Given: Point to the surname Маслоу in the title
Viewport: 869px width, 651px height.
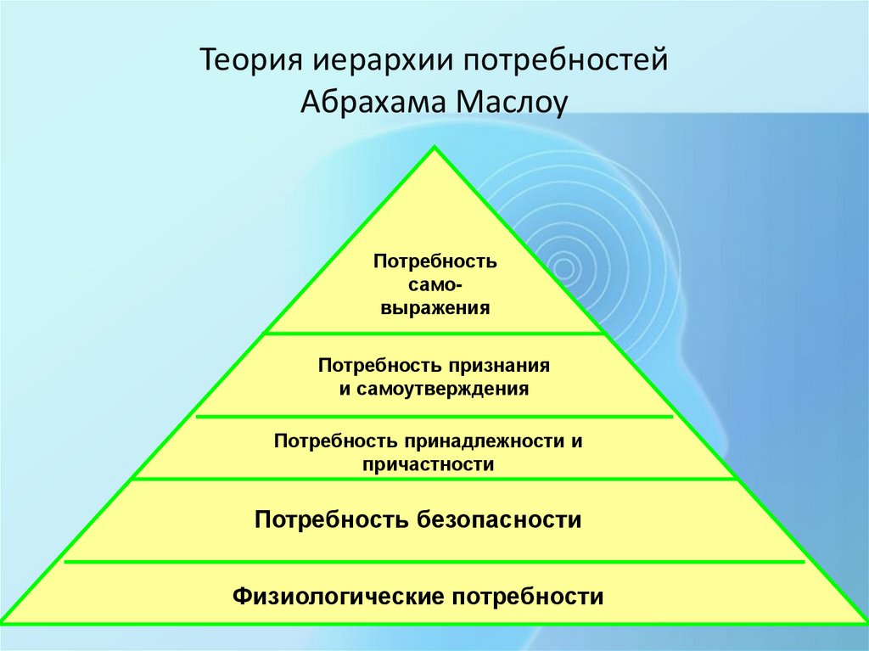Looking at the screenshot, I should (510, 103).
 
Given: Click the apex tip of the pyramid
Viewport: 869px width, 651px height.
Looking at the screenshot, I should (434, 149).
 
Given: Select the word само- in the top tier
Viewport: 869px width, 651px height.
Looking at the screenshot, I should (434, 284).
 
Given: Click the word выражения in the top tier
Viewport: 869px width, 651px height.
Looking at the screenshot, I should (434, 307).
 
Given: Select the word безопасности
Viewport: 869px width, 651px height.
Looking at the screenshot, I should (497, 519).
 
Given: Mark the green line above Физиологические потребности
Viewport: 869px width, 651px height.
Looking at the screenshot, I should (434, 561).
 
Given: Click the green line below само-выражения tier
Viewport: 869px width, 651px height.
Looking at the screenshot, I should (434, 334).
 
